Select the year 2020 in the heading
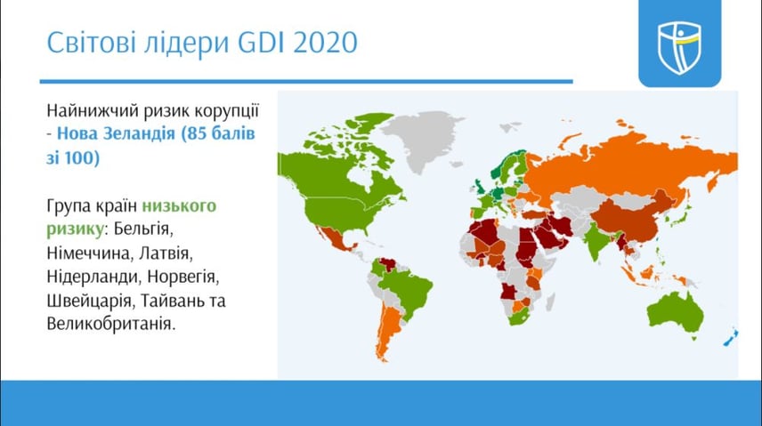(326, 42)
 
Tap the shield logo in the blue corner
(679, 47)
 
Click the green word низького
(179, 205)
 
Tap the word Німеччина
(89, 253)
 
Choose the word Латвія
(166, 253)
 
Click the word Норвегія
(183, 277)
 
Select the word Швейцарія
(89, 301)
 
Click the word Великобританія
(111, 324)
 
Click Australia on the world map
(676, 313)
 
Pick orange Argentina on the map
(387, 330)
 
